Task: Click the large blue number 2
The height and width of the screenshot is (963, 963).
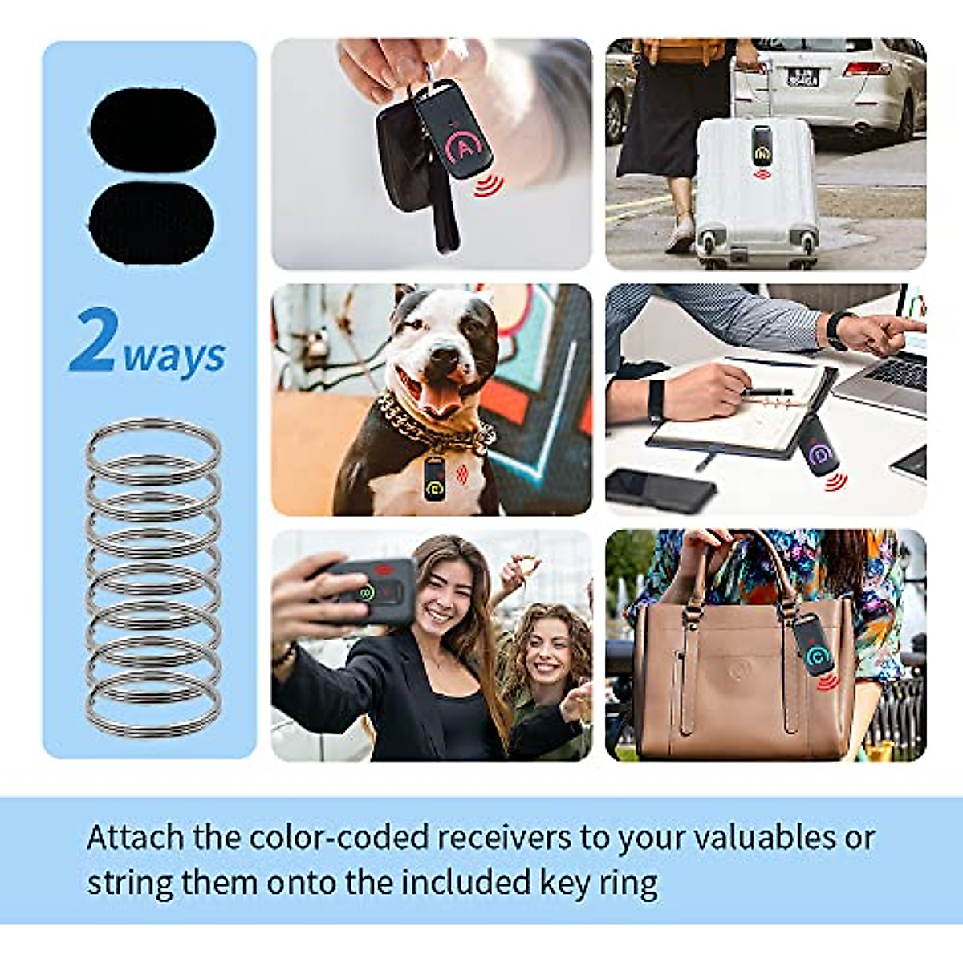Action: [x=94, y=340]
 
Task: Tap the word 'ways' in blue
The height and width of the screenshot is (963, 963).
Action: [x=174, y=356]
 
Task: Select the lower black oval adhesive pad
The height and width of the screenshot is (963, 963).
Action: [x=152, y=222]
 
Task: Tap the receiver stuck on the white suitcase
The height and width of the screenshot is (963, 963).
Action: [x=762, y=144]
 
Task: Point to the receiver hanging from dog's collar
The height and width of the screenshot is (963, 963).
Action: [x=434, y=479]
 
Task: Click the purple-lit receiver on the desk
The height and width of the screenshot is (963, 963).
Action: [x=819, y=447]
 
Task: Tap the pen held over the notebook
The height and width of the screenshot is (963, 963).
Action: [x=766, y=392]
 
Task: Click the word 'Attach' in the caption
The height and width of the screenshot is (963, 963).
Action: [x=135, y=838]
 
